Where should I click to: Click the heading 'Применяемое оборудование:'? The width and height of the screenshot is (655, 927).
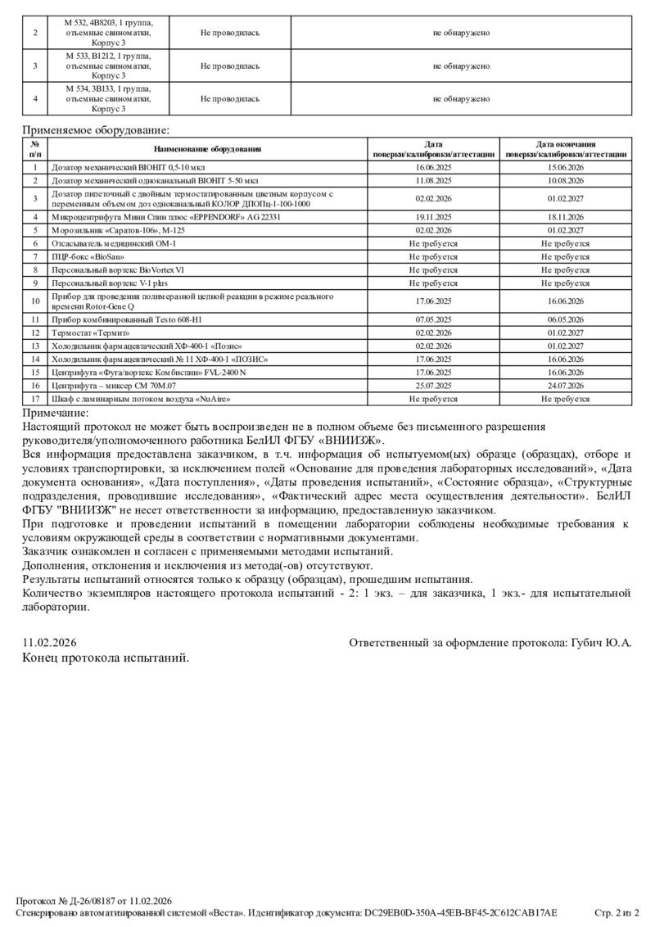click(x=96, y=129)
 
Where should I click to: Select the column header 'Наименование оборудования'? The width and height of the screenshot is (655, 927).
click(x=206, y=149)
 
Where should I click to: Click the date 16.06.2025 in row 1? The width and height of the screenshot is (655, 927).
click(x=433, y=167)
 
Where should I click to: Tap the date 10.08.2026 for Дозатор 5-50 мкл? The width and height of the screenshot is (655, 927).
click(x=565, y=180)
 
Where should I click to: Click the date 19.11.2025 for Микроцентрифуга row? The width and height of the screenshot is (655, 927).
click(x=433, y=217)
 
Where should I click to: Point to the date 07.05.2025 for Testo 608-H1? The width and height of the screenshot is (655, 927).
click(x=433, y=319)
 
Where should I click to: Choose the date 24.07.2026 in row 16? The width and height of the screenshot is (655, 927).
click(x=565, y=385)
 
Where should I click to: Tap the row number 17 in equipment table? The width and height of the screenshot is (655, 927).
click(x=35, y=399)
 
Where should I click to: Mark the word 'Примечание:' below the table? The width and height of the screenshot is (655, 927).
click(x=55, y=413)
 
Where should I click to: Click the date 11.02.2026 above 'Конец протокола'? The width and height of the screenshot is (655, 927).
click(x=49, y=643)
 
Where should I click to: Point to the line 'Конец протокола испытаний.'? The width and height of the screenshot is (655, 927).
click(x=106, y=657)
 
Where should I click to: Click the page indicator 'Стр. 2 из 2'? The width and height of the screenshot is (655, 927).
click(x=617, y=912)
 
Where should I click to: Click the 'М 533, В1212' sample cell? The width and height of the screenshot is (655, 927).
click(x=108, y=66)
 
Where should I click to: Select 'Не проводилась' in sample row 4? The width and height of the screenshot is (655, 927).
click(x=230, y=99)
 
